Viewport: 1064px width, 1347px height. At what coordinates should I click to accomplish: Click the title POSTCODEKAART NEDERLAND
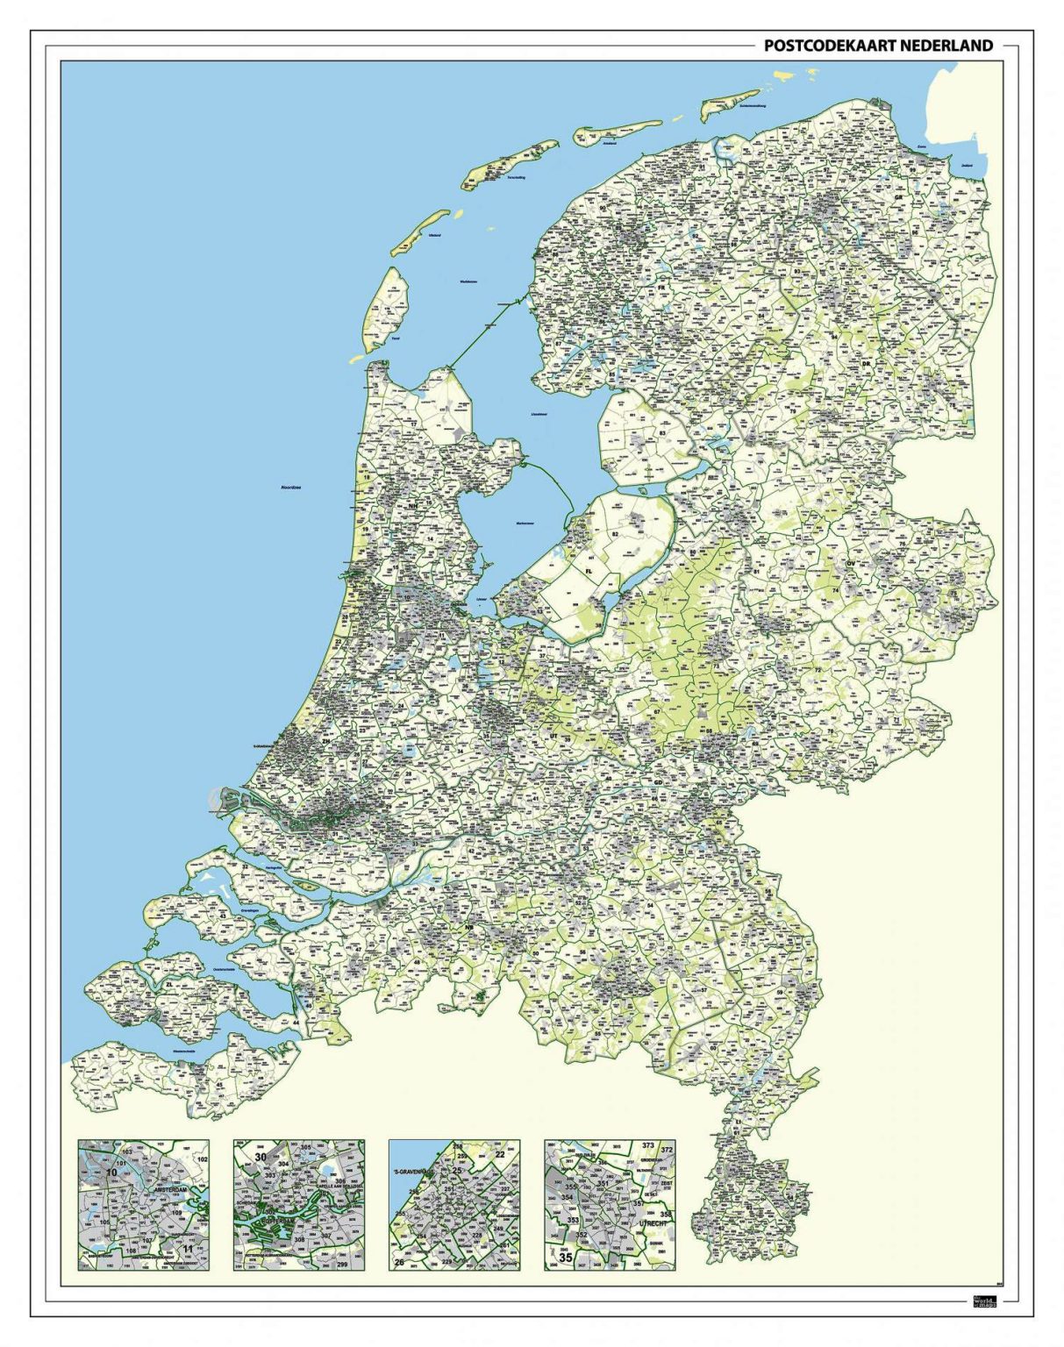point(878,46)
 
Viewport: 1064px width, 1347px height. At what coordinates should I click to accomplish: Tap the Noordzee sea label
point(291,487)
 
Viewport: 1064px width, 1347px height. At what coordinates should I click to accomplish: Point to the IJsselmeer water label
point(539,414)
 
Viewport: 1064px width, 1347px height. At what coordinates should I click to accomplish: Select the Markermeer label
point(524,524)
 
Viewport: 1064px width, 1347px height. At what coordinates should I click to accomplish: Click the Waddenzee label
point(468,282)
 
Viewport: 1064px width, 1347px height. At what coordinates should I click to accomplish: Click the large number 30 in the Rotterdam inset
point(261,1158)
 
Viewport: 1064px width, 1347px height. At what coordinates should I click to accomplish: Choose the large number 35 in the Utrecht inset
point(566,1257)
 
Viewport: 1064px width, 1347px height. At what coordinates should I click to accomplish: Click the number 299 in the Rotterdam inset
point(342,1264)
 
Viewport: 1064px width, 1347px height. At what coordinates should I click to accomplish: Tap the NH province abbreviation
point(412,506)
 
